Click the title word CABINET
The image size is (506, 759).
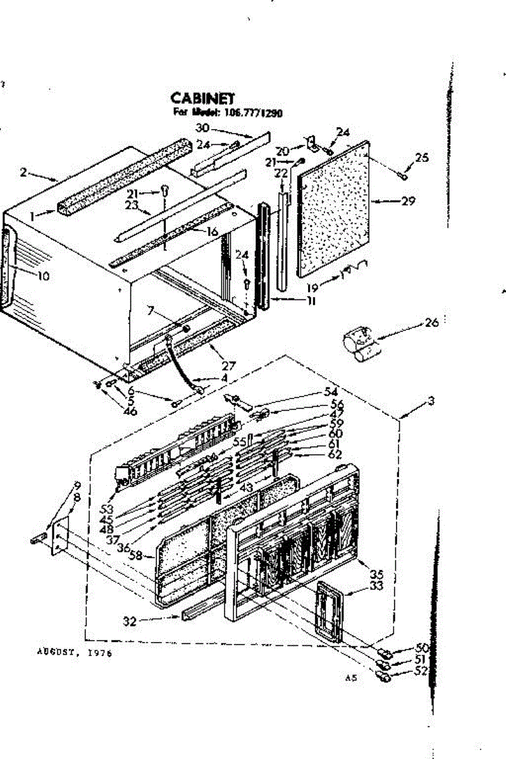point(202,98)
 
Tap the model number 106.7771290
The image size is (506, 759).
point(255,114)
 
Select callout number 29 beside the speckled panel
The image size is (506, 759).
point(408,201)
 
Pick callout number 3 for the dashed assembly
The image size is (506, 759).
point(431,400)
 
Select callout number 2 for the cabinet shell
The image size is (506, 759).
point(24,171)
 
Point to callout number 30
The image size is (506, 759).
point(202,127)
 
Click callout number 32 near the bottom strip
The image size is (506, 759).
point(130,621)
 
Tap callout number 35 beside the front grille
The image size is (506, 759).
point(377,574)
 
